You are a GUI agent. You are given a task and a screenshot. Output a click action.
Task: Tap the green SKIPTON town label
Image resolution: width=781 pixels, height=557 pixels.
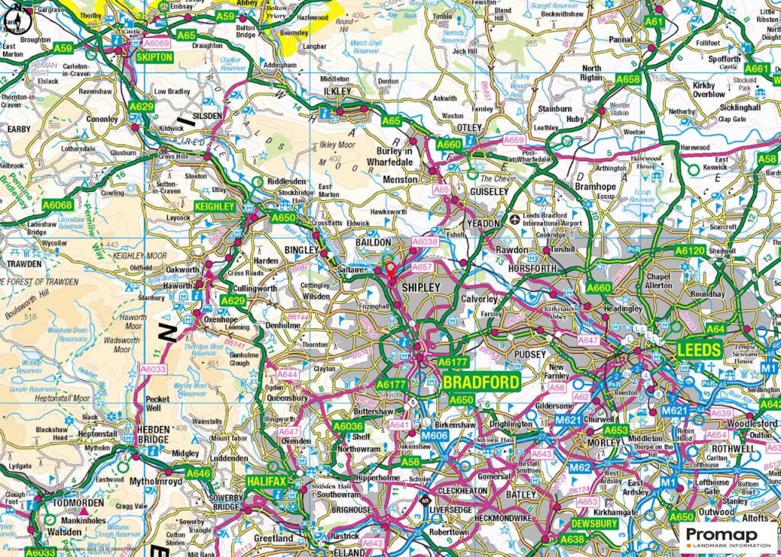pos(151,57)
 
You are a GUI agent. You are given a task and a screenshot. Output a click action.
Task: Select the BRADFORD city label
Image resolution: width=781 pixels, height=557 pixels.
pos(481,381)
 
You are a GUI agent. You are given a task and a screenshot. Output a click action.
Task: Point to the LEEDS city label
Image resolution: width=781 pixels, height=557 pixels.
pos(699,350)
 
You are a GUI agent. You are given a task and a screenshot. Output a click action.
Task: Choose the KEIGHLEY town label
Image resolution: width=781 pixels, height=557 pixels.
pos(215,206)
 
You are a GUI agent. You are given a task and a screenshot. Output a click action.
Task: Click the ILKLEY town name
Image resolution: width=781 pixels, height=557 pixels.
pos(336,91)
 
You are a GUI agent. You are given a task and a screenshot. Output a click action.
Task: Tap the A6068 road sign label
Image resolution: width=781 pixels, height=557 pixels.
pos(58,204)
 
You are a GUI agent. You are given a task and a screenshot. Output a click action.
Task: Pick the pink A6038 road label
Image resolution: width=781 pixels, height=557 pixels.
pos(426,242)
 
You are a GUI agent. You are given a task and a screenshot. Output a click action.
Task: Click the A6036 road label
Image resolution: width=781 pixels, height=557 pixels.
pos(350,426)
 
